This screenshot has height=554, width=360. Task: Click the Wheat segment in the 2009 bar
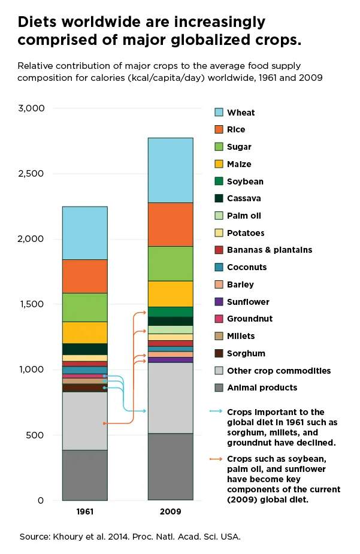[170, 170]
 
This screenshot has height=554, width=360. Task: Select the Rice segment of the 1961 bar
[84, 276]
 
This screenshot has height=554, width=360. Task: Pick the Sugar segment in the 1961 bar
[84, 307]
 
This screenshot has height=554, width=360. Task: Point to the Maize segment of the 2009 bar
[170, 293]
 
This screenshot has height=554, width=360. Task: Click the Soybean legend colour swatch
[219, 181]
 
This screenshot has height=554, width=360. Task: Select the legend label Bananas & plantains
[270, 250]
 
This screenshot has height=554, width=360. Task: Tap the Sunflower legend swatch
[219, 302]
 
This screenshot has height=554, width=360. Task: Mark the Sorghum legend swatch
[219, 353]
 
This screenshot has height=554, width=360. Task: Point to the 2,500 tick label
[31, 174]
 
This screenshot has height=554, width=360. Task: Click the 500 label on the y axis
[37, 435]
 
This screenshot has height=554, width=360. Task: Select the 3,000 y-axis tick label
[31, 108]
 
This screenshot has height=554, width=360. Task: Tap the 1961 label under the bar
[84, 513]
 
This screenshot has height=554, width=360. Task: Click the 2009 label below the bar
[170, 513]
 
